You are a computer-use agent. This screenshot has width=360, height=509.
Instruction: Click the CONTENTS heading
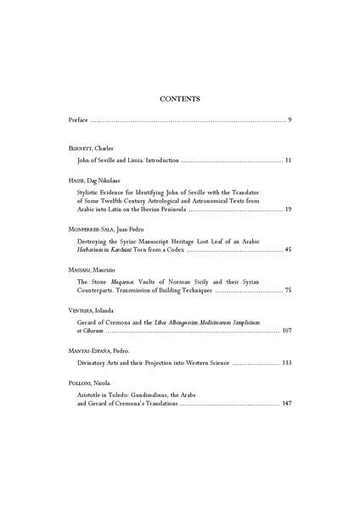click(x=179, y=98)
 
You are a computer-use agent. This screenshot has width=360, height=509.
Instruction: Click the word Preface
click(x=78, y=120)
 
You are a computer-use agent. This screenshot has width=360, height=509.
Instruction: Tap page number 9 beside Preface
click(x=290, y=120)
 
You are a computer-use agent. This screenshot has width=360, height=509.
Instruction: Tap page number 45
click(x=288, y=250)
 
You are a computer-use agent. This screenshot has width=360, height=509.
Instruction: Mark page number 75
click(x=288, y=291)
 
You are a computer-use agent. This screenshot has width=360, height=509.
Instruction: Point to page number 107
click(x=286, y=332)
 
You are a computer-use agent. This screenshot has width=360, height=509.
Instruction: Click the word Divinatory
click(x=93, y=363)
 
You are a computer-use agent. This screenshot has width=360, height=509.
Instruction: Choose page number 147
click(x=286, y=403)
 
